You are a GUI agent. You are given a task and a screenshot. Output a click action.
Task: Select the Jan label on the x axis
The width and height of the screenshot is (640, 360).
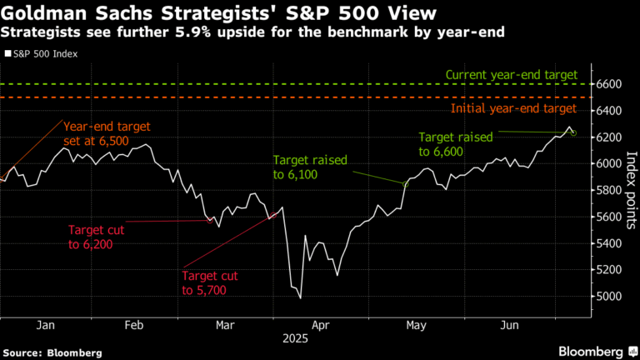coord(47,327)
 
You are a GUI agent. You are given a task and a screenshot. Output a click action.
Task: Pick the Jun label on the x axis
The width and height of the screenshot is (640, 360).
coord(507,327)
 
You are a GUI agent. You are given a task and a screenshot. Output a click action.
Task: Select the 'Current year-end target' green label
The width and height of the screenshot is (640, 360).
coord(511,75)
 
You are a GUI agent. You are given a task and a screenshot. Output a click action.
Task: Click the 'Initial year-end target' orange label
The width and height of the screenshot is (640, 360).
coord(513,108)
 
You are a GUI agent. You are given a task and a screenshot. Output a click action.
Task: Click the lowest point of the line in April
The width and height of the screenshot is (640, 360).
coord(300,297)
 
